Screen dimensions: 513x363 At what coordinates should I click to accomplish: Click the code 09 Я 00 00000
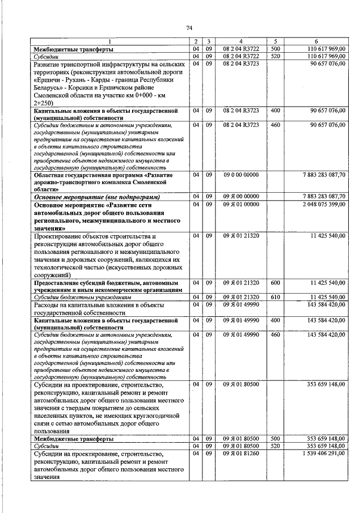(x=240, y=197)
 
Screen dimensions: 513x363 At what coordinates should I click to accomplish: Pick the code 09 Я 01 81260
(x=240, y=454)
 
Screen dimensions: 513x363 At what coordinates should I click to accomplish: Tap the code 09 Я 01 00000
(x=240, y=204)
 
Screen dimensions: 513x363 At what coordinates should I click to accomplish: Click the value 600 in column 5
(x=276, y=282)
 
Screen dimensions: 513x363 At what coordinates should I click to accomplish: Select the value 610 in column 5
(x=276, y=297)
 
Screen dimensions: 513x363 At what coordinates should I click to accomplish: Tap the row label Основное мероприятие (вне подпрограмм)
(x=96, y=197)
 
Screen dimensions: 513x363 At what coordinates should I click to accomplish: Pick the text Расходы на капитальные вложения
(x=94, y=304)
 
